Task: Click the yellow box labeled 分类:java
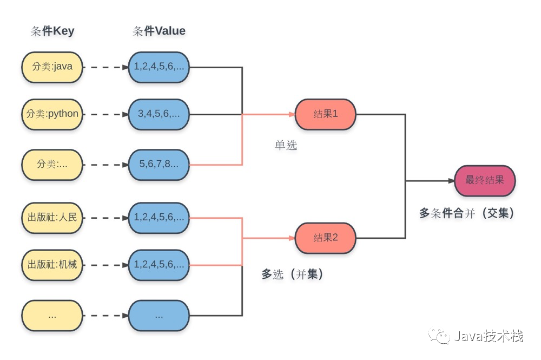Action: pos(52,68)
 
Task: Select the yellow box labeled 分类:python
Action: pos(52,114)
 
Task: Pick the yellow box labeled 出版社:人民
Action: pos(52,218)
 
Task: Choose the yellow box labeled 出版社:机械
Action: pos(52,265)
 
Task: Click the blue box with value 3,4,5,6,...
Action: pos(159,114)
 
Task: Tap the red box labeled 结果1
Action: pos(325,114)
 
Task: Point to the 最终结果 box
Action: pos(485,181)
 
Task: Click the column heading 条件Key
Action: pos(52,31)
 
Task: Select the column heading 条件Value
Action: pos(159,31)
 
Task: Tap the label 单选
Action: pos(286,145)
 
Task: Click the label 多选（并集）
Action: pos(293,274)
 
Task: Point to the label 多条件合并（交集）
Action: pos(466,213)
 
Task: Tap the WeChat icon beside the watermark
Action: pos(439,337)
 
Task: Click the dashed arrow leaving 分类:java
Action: pos(105,68)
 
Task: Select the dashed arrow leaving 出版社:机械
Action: pos(105,265)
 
